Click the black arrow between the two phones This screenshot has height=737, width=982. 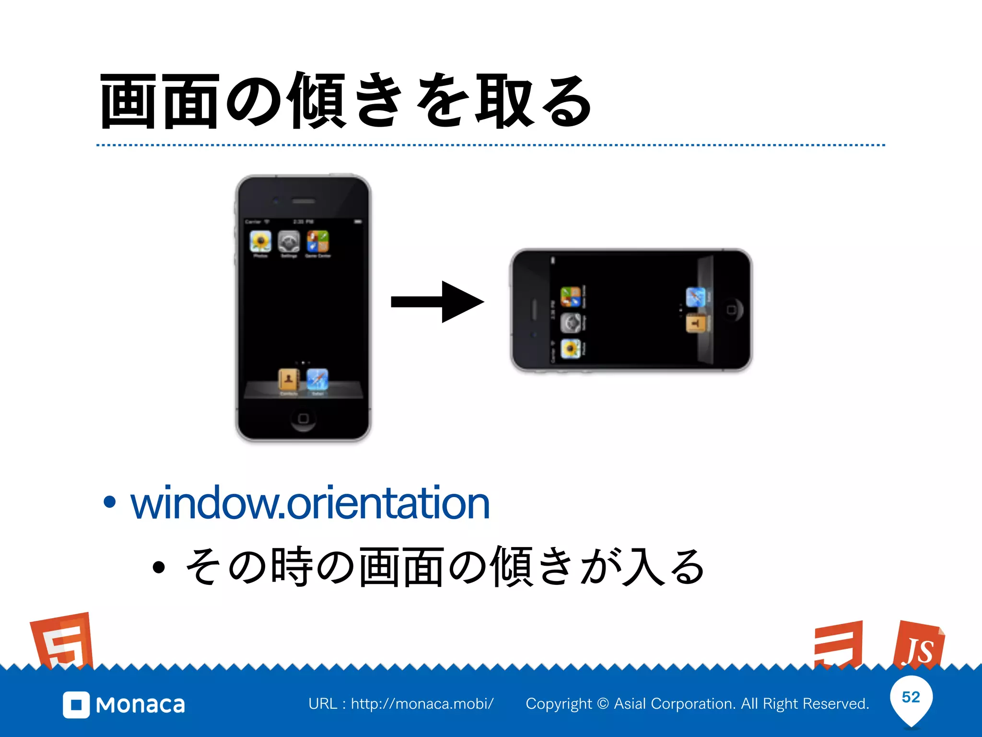(437, 302)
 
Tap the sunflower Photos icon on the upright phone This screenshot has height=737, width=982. (260, 241)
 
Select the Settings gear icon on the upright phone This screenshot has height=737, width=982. (289, 241)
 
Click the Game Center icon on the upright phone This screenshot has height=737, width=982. (317, 241)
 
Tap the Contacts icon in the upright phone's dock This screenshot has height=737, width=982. (289, 380)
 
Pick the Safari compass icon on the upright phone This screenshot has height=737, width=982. (317, 380)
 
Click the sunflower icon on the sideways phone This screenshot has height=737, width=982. (571, 348)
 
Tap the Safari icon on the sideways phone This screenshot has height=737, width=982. (695, 297)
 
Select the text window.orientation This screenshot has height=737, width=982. (310, 503)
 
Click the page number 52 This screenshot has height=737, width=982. (911, 697)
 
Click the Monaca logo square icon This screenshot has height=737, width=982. (76, 705)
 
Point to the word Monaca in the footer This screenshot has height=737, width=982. (140, 705)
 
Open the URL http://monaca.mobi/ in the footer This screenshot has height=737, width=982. (422, 704)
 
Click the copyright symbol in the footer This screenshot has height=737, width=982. (603, 704)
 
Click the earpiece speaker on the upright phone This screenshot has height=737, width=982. (304, 201)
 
